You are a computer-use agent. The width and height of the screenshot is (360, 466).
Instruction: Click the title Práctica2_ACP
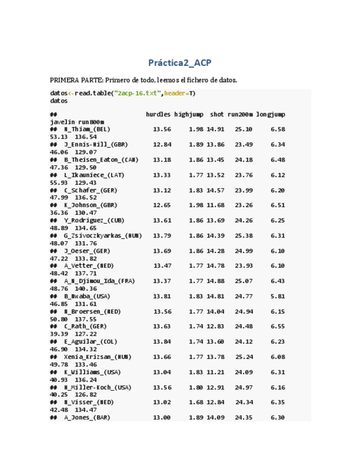(x=180, y=63)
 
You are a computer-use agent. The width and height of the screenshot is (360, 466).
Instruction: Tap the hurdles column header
(x=158, y=114)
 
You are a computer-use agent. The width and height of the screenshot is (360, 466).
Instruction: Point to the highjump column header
(x=189, y=114)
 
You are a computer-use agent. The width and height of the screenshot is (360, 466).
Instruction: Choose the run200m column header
(x=240, y=114)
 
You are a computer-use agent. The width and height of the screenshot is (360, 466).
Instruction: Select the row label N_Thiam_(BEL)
(x=87, y=129)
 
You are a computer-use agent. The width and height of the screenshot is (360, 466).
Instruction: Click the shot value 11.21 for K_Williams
(x=215, y=372)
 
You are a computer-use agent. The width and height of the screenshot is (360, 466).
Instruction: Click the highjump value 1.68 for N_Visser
(x=196, y=402)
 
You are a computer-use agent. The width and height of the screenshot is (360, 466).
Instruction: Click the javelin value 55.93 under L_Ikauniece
(x=58, y=182)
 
